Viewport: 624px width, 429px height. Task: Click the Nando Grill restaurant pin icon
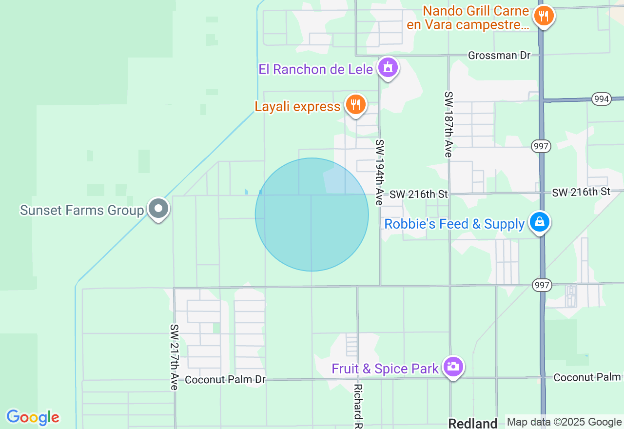click(x=544, y=16)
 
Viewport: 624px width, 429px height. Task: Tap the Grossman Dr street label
click(x=499, y=56)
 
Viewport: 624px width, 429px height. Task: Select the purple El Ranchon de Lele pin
click(x=388, y=68)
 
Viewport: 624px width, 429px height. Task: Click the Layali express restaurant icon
click(x=356, y=104)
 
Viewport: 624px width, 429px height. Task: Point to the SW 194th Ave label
click(x=380, y=172)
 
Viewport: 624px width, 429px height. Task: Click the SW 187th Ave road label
click(x=448, y=124)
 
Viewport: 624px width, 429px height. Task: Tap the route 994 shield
click(x=602, y=99)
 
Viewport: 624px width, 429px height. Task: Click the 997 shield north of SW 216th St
click(x=541, y=146)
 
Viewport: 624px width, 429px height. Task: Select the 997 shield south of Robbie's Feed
click(x=542, y=285)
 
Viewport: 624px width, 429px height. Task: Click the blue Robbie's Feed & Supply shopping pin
click(x=540, y=222)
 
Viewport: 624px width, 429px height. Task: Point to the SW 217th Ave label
click(x=174, y=357)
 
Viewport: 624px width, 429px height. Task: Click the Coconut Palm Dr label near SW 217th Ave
click(x=225, y=379)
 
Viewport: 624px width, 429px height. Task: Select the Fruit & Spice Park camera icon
click(x=453, y=366)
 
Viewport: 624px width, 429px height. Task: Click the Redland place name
click(x=472, y=423)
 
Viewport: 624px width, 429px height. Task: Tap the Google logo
click(x=33, y=418)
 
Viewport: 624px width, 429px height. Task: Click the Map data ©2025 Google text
click(x=564, y=422)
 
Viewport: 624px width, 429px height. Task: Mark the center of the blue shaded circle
click(x=312, y=214)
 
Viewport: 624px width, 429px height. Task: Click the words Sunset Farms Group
click(x=82, y=211)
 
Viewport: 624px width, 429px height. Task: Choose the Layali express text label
click(x=297, y=107)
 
